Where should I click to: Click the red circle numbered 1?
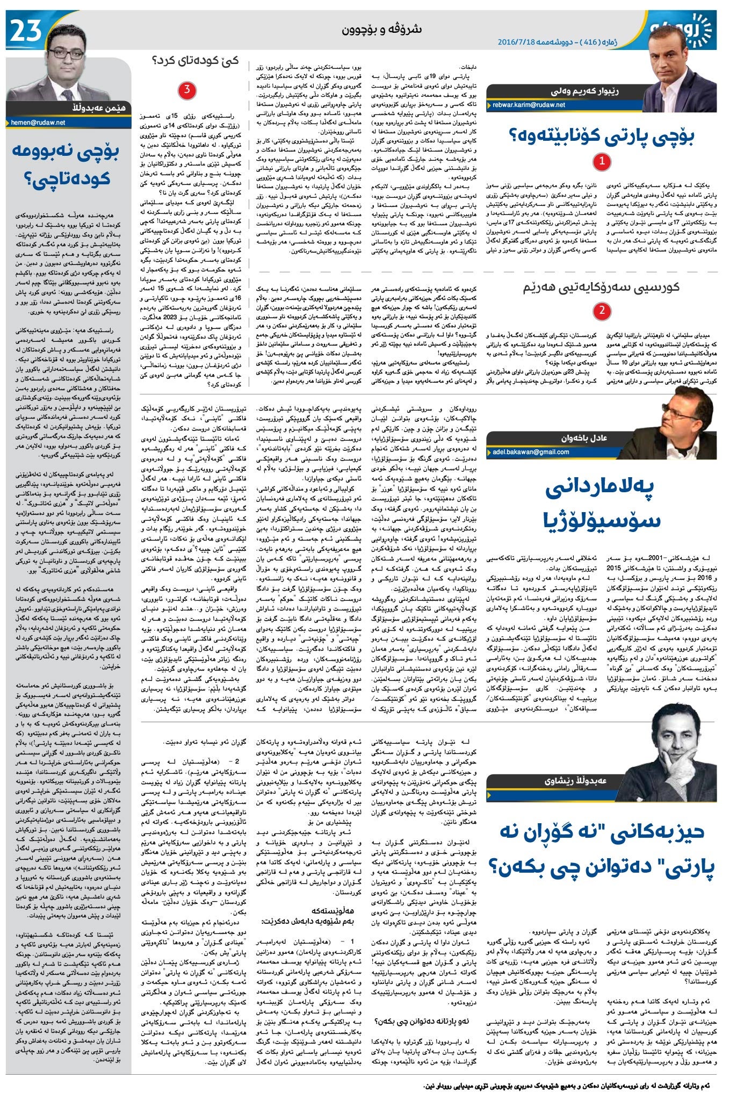point(602,161)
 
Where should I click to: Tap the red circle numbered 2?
point(602,310)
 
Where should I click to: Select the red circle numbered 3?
point(186,90)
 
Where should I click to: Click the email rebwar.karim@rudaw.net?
point(529,105)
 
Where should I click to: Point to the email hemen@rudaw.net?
point(38,123)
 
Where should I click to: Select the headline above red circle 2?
point(602,287)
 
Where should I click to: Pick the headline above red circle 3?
point(195,60)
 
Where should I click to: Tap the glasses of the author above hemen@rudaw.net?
point(66,54)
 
